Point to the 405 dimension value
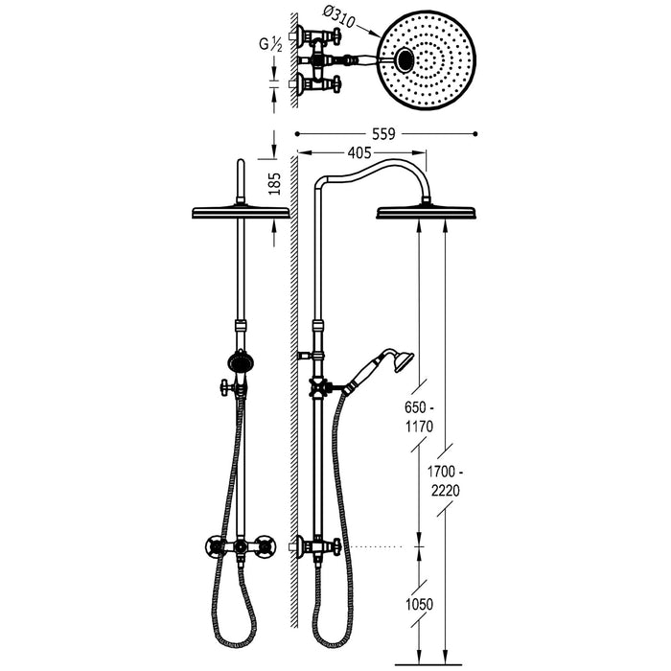pyautogui.click(x=360, y=150)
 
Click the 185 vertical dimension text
pyautogui.click(x=277, y=184)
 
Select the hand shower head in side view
pyautogui.click(x=403, y=361)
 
